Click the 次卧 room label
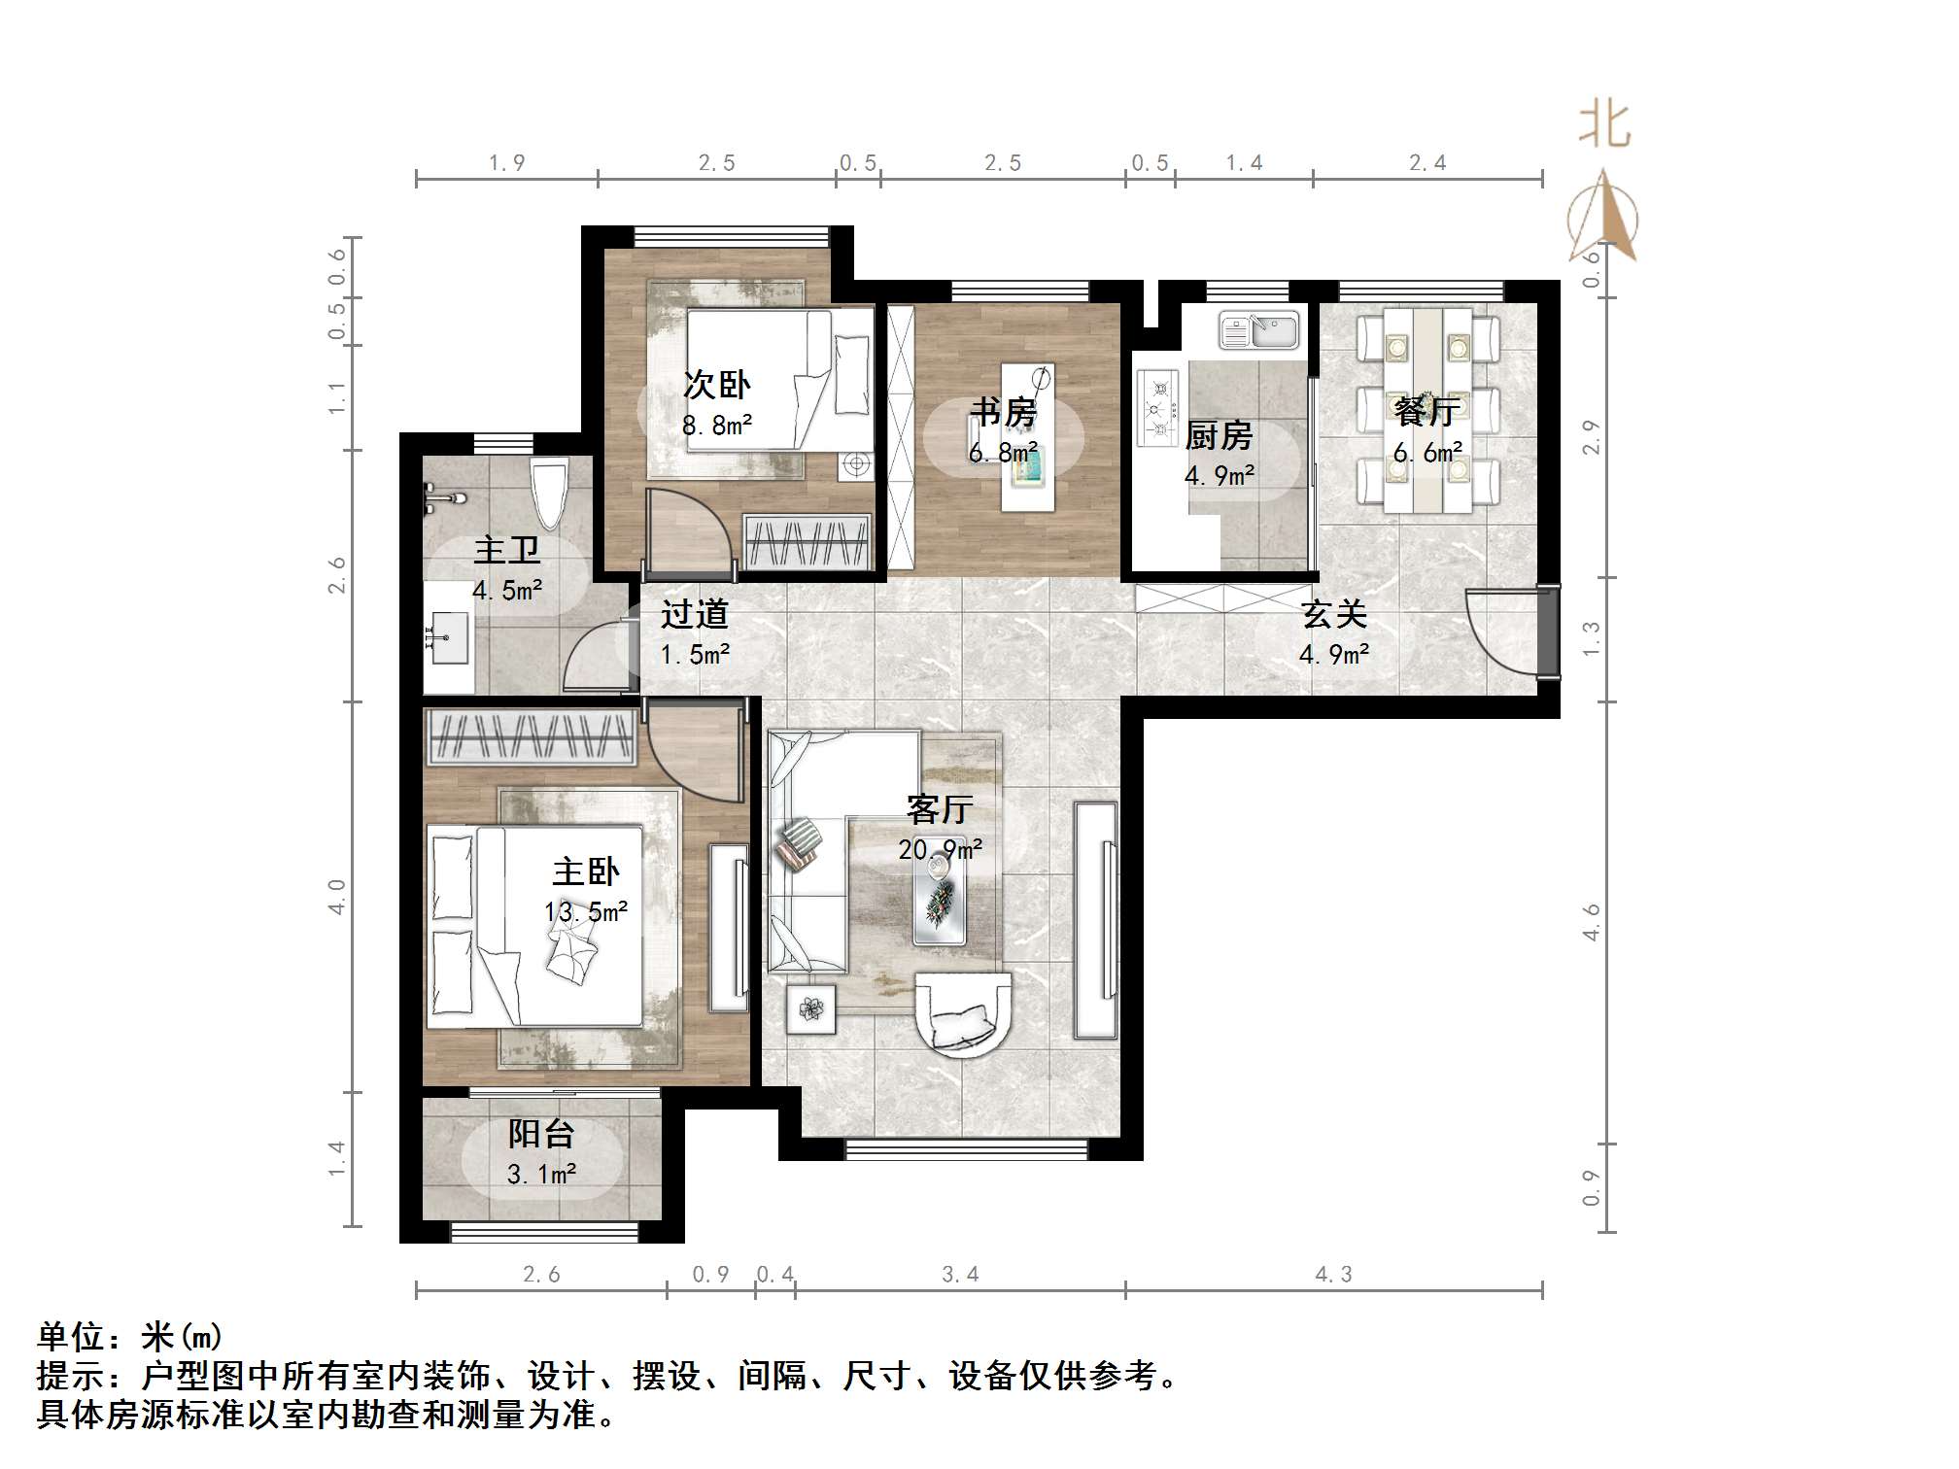pyautogui.click(x=717, y=386)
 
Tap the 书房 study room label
pyautogui.click(x=1003, y=413)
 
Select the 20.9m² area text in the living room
pyautogui.click(x=940, y=850)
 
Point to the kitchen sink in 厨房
pyautogui.click(x=1259, y=330)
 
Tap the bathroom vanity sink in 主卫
pyautogui.click(x=448, y=636)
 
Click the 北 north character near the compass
pyautogui.click(x=1603, y=126)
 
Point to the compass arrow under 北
pyautogui.click(x=1603, y=219)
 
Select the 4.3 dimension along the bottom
pyautogui.click(x=1333, y=1274)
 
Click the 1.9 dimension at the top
pyautogui.click(x=506, y=162)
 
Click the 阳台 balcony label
pyautogui.click(x=541, y=1134)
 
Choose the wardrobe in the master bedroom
pyautogui.click(x=531, y=736)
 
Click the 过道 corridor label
pyautogui.click(x=694, y=614)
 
